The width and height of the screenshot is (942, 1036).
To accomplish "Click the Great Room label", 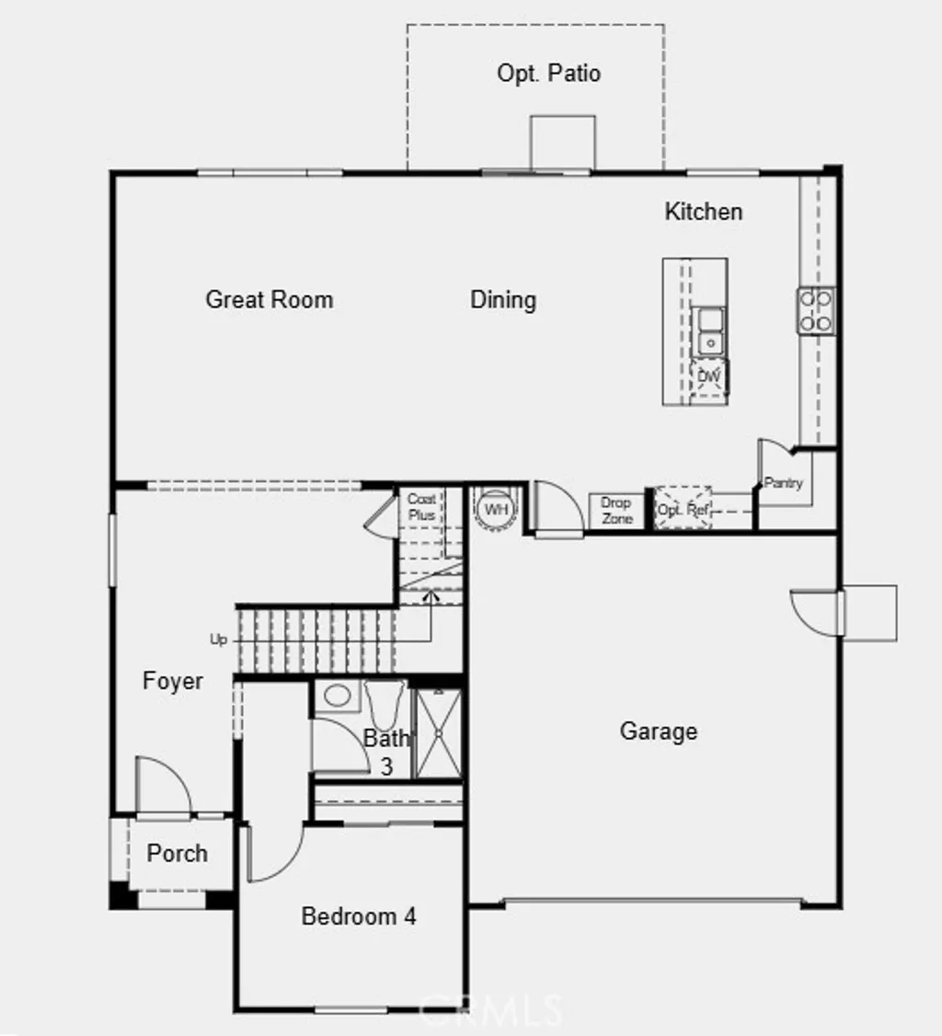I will tap(270, 299).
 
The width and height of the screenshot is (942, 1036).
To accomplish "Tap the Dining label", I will tap(503, 299).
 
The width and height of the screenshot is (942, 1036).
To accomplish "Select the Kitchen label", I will tap(704, 212).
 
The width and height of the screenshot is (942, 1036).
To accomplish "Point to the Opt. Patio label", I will tap(549, 74).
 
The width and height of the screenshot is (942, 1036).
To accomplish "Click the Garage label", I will tap(659, 731).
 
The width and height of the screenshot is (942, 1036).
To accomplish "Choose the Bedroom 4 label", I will tap(359, 916).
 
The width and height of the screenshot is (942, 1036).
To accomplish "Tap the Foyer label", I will tap(173, 682).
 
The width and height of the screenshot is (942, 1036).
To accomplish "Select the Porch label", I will tap(178, 853).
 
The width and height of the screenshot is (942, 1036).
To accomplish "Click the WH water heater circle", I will tap(496, 510).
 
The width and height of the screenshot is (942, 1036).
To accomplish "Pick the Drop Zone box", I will tap(616, 512).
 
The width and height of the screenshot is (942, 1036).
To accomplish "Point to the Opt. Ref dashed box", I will tap(684, 509).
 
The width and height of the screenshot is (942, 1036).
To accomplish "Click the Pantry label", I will tap(784, 483).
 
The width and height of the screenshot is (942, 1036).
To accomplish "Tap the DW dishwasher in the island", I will tap(708, 377).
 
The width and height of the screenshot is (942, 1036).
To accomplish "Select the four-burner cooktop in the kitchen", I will tap(816, 310).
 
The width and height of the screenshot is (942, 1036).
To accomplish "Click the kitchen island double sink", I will tap(709, 331).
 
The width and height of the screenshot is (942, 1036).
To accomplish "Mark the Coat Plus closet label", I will tap(422, 507).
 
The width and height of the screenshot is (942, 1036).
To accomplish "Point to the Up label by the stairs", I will tap(219, 639).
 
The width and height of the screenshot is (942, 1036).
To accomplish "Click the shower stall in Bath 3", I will tap(437, 733).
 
